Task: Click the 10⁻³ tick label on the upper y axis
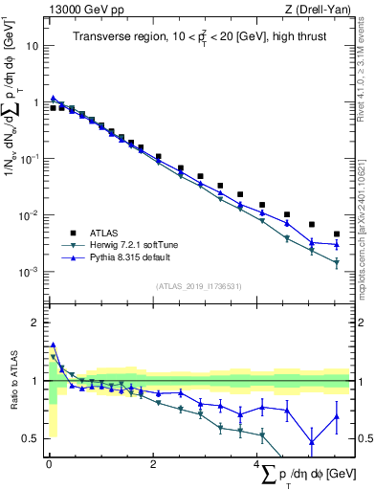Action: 30,272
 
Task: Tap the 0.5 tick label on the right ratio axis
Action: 363,438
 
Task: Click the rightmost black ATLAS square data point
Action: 337,234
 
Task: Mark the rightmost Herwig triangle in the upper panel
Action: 337,262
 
